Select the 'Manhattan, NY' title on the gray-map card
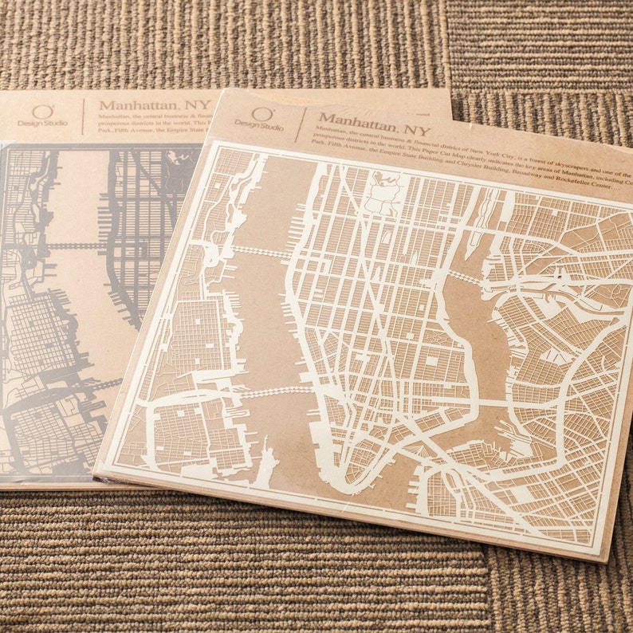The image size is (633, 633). click(155, 105)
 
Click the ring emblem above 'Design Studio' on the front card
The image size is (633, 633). click(262, 112)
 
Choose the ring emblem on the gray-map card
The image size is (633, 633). click(45, 111)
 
